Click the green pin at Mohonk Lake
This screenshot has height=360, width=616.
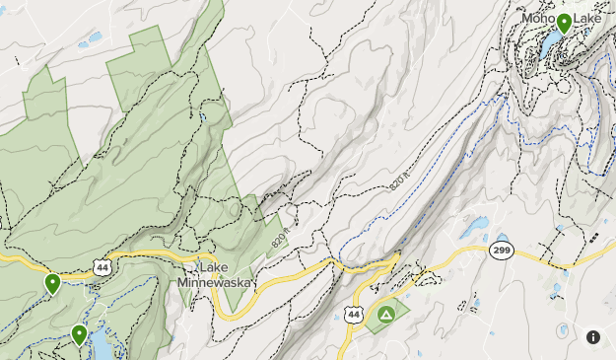pos(564,23)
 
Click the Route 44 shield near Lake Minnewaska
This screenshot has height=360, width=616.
pos(103,266)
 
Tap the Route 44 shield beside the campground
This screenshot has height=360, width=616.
pos(354,314)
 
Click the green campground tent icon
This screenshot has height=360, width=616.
pos(385,316)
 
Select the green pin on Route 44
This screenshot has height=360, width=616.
pos(52,284)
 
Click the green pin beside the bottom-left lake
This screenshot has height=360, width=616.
pos(79,335)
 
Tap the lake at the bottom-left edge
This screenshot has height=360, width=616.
pos(102,346)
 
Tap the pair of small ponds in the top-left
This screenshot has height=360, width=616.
pos(91,41)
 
